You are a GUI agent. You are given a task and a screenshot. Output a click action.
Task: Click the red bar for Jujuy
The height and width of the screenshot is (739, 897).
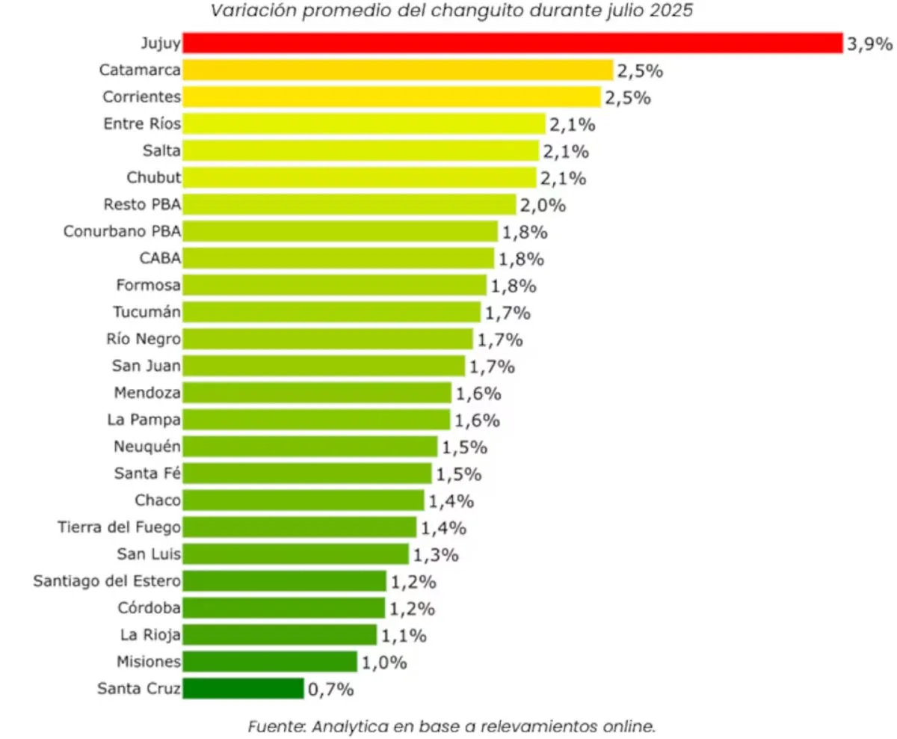(512, 43)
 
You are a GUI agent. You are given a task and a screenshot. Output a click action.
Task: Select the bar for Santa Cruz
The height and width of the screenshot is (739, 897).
(243, 689)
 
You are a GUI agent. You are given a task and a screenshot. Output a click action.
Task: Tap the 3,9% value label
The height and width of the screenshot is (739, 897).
(869, 44)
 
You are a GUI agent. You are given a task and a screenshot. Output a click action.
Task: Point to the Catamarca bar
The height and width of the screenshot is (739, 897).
(398, 70)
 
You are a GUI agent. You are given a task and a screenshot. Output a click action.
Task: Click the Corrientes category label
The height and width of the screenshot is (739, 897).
(140, 97)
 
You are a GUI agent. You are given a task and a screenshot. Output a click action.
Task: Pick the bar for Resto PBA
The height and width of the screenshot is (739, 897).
(349, 205)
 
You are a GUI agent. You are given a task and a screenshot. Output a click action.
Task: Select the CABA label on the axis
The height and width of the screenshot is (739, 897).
(160, 259)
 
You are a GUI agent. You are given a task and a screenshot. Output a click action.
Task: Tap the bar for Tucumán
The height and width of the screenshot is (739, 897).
(331, 312)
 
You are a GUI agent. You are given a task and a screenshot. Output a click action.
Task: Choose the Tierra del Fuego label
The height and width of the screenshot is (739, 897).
(119, 527)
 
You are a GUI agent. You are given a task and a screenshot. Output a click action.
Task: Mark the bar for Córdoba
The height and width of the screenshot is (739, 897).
(284, 608)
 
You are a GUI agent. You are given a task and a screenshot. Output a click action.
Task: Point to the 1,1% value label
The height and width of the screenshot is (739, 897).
(404, 636)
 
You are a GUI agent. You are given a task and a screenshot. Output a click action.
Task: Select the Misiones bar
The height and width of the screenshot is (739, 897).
(270, 662)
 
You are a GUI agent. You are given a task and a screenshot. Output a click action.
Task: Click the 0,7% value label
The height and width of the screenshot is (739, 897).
(330, 690)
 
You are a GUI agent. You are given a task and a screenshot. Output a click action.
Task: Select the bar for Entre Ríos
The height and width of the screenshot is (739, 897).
(364, 124)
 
